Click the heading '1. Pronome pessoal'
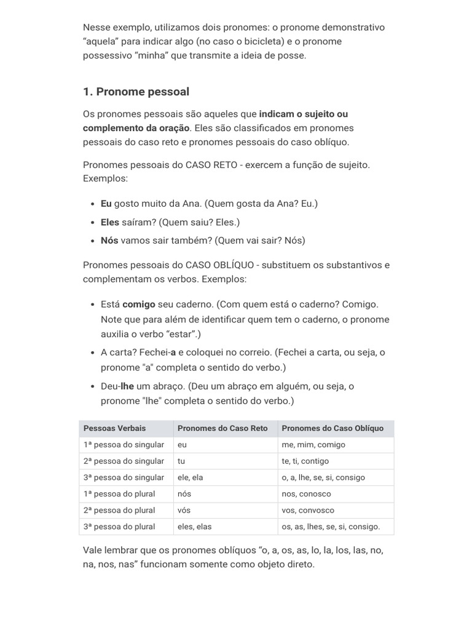[136, 92]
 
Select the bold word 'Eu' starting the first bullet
[106, 204]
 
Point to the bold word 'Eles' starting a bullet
[111, 222]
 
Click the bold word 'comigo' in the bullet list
[139, 304]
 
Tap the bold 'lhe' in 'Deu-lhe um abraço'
[127, 386]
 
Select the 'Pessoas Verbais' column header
[115, 428]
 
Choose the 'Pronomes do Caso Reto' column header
[222, 428]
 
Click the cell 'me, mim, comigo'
[313, 445]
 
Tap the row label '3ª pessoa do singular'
[124, 477]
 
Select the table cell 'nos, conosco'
[306, 493]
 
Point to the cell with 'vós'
[183, 510]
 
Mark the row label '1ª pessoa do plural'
[119, 493]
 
